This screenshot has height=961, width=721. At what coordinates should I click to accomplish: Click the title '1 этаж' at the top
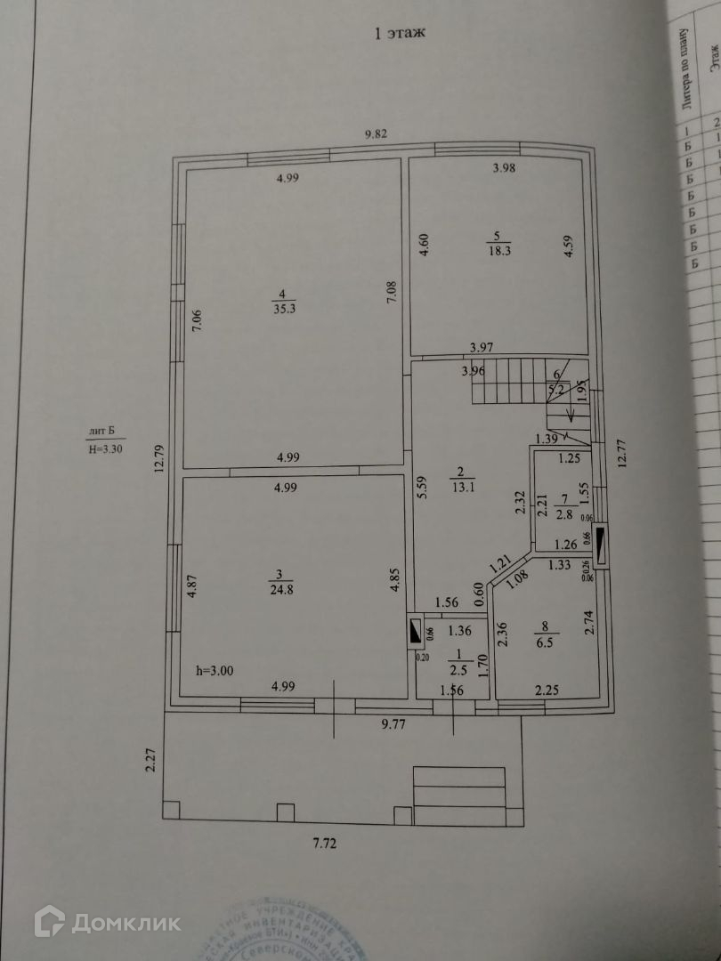point(401,34)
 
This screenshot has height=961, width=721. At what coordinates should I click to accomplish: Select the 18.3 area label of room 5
point(497,252)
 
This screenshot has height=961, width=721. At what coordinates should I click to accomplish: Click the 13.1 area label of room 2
point(462,486)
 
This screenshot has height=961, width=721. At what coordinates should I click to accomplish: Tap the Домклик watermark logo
point(107,922)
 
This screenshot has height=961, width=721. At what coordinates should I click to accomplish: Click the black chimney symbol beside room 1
point(415,631)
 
